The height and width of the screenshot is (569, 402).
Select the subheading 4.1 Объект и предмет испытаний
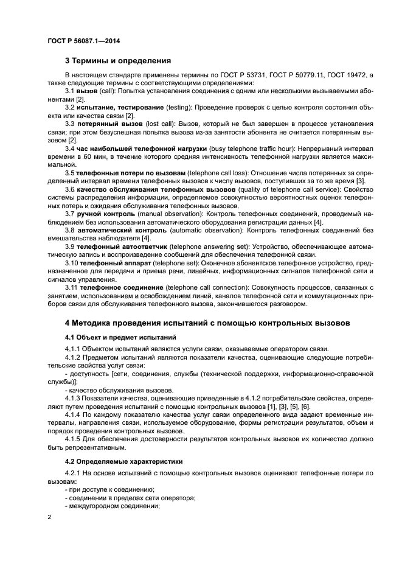tap(120, 337)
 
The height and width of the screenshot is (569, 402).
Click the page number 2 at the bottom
tap(50, 517)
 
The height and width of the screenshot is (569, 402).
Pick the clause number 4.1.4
tap(74, 414)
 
